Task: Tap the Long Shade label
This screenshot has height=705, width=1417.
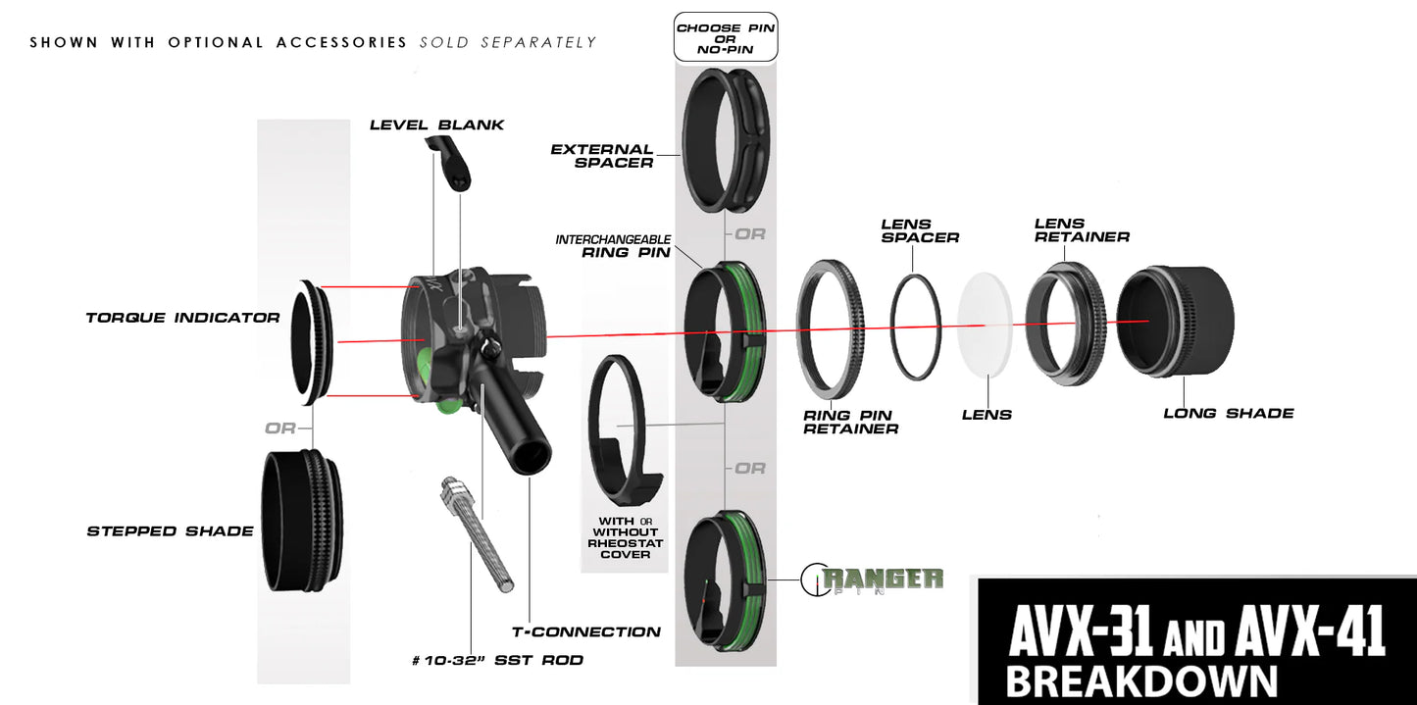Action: [1228, 413]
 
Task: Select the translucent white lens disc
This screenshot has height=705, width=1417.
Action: [984, 324]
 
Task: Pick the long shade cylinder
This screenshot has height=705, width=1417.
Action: [1175, 322]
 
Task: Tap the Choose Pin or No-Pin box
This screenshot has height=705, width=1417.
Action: [726, 37]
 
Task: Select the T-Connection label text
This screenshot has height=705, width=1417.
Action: [586, 631]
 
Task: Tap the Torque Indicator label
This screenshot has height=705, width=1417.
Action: [182, 318]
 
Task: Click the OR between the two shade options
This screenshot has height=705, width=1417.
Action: [279, 428]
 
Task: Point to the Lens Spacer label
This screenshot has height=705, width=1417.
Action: [919, 230]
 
